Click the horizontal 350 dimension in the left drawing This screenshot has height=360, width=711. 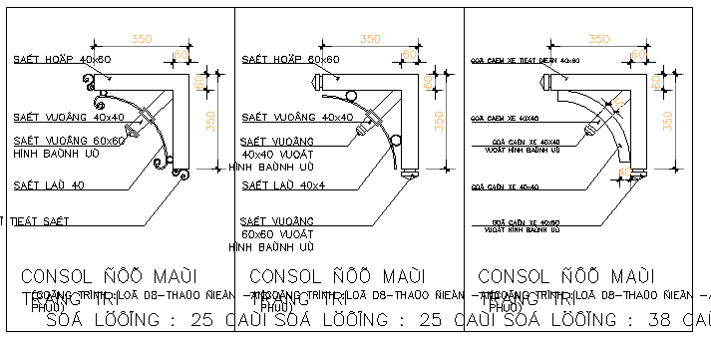141,38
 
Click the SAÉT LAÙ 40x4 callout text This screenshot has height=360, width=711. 284,184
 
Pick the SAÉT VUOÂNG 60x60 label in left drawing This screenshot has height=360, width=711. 69,141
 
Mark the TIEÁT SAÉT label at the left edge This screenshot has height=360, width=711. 37,220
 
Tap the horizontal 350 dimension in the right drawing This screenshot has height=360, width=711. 598,38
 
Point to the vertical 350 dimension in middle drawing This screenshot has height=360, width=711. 440,121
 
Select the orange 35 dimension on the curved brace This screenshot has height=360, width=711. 618,102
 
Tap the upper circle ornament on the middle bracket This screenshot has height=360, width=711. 357,96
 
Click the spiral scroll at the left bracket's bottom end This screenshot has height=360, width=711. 179,178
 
